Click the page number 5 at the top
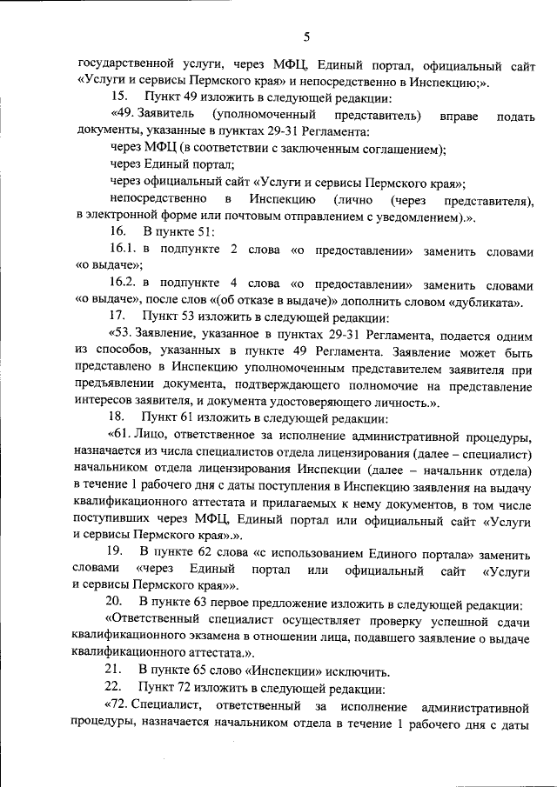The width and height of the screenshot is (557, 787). [306, 37]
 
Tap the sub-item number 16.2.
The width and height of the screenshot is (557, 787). [124, 283]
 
